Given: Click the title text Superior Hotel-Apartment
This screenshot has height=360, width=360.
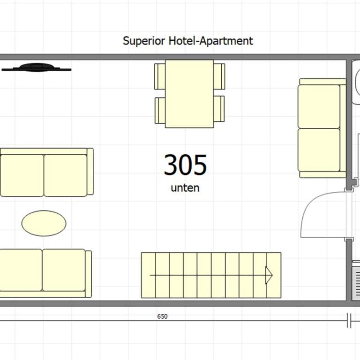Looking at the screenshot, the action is coord(188,41).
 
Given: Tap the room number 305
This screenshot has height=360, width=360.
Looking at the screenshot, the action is coord(185,165).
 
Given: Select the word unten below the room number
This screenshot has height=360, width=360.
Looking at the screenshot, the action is coord(185,188).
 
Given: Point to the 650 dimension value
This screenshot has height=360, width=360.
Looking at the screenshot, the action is coord(162,316).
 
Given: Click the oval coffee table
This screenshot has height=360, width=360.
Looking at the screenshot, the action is coord(44,223).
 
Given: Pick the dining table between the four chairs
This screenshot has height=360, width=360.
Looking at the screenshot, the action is coord(189,94).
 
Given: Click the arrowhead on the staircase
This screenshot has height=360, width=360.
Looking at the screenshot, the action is coord(269,275).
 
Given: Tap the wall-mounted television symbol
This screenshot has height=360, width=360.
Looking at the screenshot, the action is coord(37,67).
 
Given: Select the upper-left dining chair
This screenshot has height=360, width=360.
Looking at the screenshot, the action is coord(160,76).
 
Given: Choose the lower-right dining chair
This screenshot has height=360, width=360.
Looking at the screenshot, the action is coord(219,109).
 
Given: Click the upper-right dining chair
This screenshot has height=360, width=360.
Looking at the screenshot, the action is coord(219,76).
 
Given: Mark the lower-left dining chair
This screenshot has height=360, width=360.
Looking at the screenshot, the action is coord(160,111).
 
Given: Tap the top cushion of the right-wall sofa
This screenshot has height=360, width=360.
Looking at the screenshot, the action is coord(319,106).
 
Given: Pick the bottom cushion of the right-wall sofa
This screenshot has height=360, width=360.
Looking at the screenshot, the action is coord(319,150).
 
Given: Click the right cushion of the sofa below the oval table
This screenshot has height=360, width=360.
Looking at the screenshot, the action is coord(64,270).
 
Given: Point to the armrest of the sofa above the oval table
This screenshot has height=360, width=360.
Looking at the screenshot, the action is coord(90,172).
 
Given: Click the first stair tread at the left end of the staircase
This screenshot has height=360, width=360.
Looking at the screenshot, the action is coord(148,275).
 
